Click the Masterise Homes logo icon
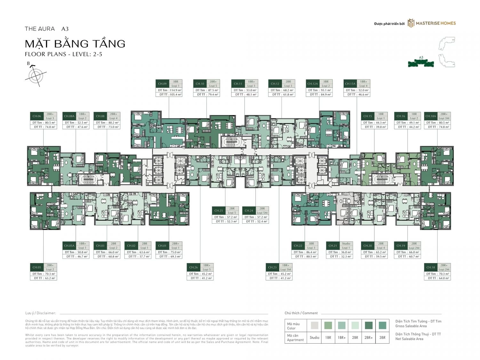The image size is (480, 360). click(411, 23)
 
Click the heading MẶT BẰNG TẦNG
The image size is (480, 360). click(75, 44)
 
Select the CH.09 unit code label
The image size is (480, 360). click(162, 84)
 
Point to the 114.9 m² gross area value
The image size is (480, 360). click(175, 90)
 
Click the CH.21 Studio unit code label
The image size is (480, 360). click(333, 246)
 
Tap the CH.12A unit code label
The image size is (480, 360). click(312, 84)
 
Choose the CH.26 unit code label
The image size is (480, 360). click(193, 268)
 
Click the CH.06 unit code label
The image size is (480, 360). click(37, 116)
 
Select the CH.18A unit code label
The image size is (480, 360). click(430, 116)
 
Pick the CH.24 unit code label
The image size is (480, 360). click(249, 211)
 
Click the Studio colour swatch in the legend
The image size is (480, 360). click(314, 325)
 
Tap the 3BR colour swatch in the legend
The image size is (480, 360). click(382, 325)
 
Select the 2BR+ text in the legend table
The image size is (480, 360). click(369, 338)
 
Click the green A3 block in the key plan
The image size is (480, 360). click(421, 63)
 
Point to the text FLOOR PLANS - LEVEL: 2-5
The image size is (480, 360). click(63, 54)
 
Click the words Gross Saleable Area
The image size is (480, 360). click(411, 326)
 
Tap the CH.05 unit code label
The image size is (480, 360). click(37, 268)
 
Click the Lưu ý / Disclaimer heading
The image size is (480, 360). click(41, 313)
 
